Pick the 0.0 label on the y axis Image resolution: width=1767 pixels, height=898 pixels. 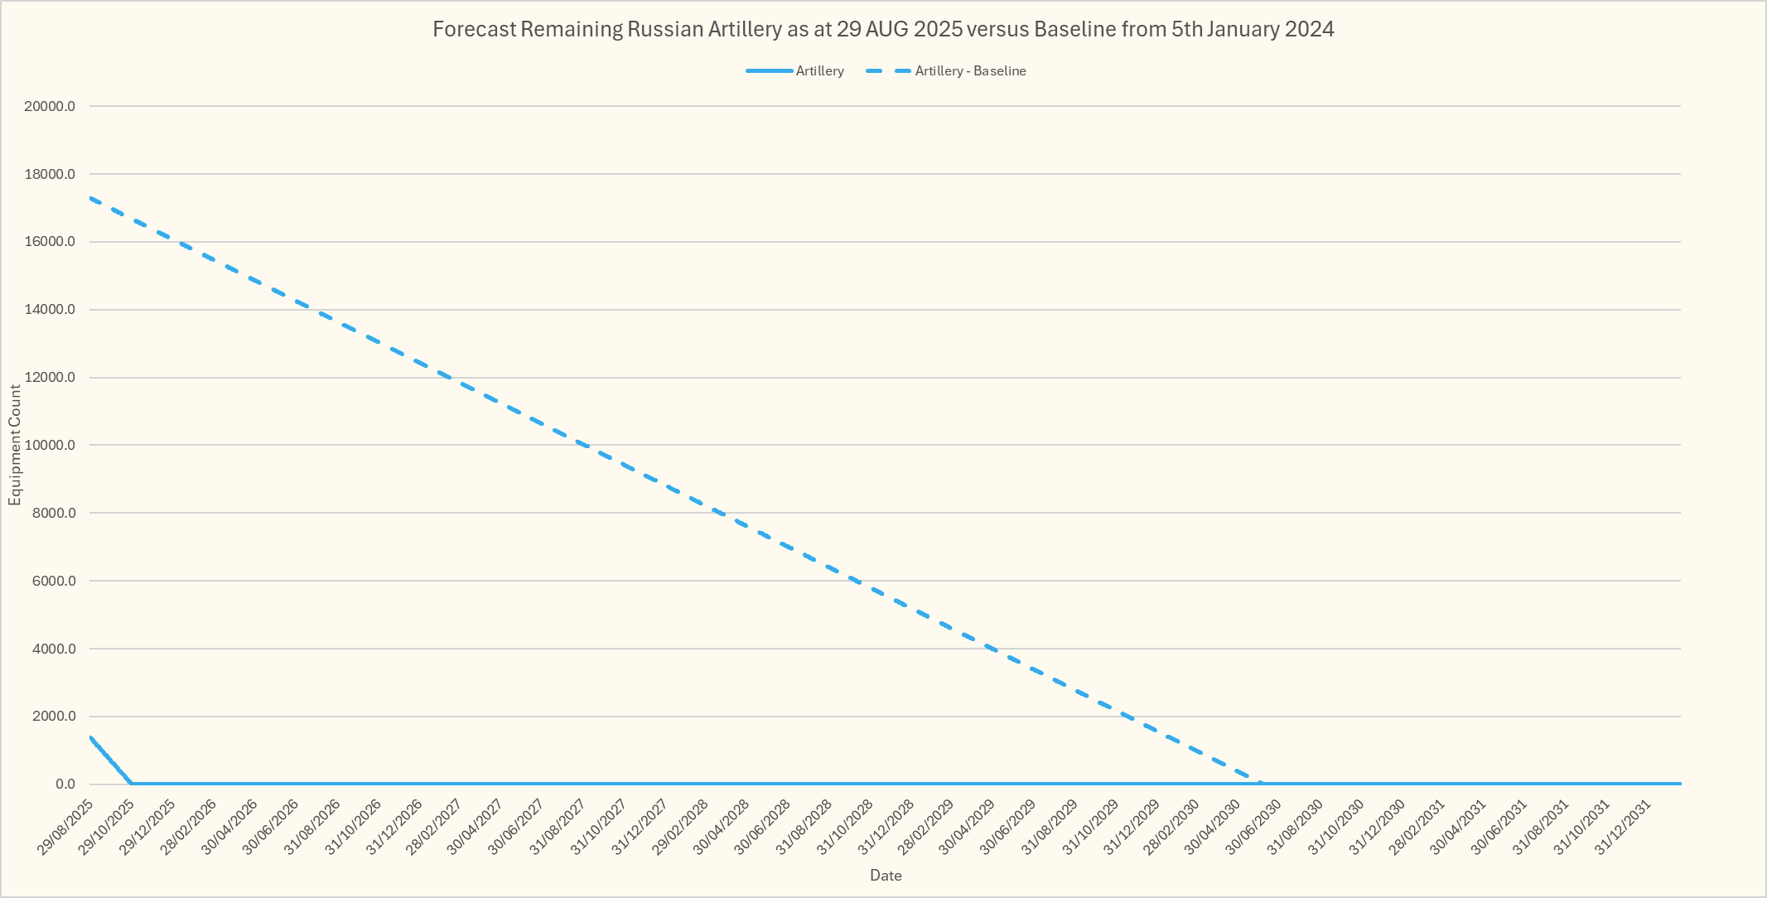pos(65,785)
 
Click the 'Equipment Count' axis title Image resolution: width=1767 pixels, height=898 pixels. pos(15,445)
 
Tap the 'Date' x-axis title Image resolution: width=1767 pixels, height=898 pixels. pos(886,876)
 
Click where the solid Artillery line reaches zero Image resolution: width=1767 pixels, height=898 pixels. pos(131,784)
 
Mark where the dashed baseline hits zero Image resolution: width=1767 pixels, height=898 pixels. pos(1261,784)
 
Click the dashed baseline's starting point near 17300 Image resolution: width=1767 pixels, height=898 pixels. pos(90,198)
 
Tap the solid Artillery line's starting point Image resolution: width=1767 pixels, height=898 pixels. pos(90,736)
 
